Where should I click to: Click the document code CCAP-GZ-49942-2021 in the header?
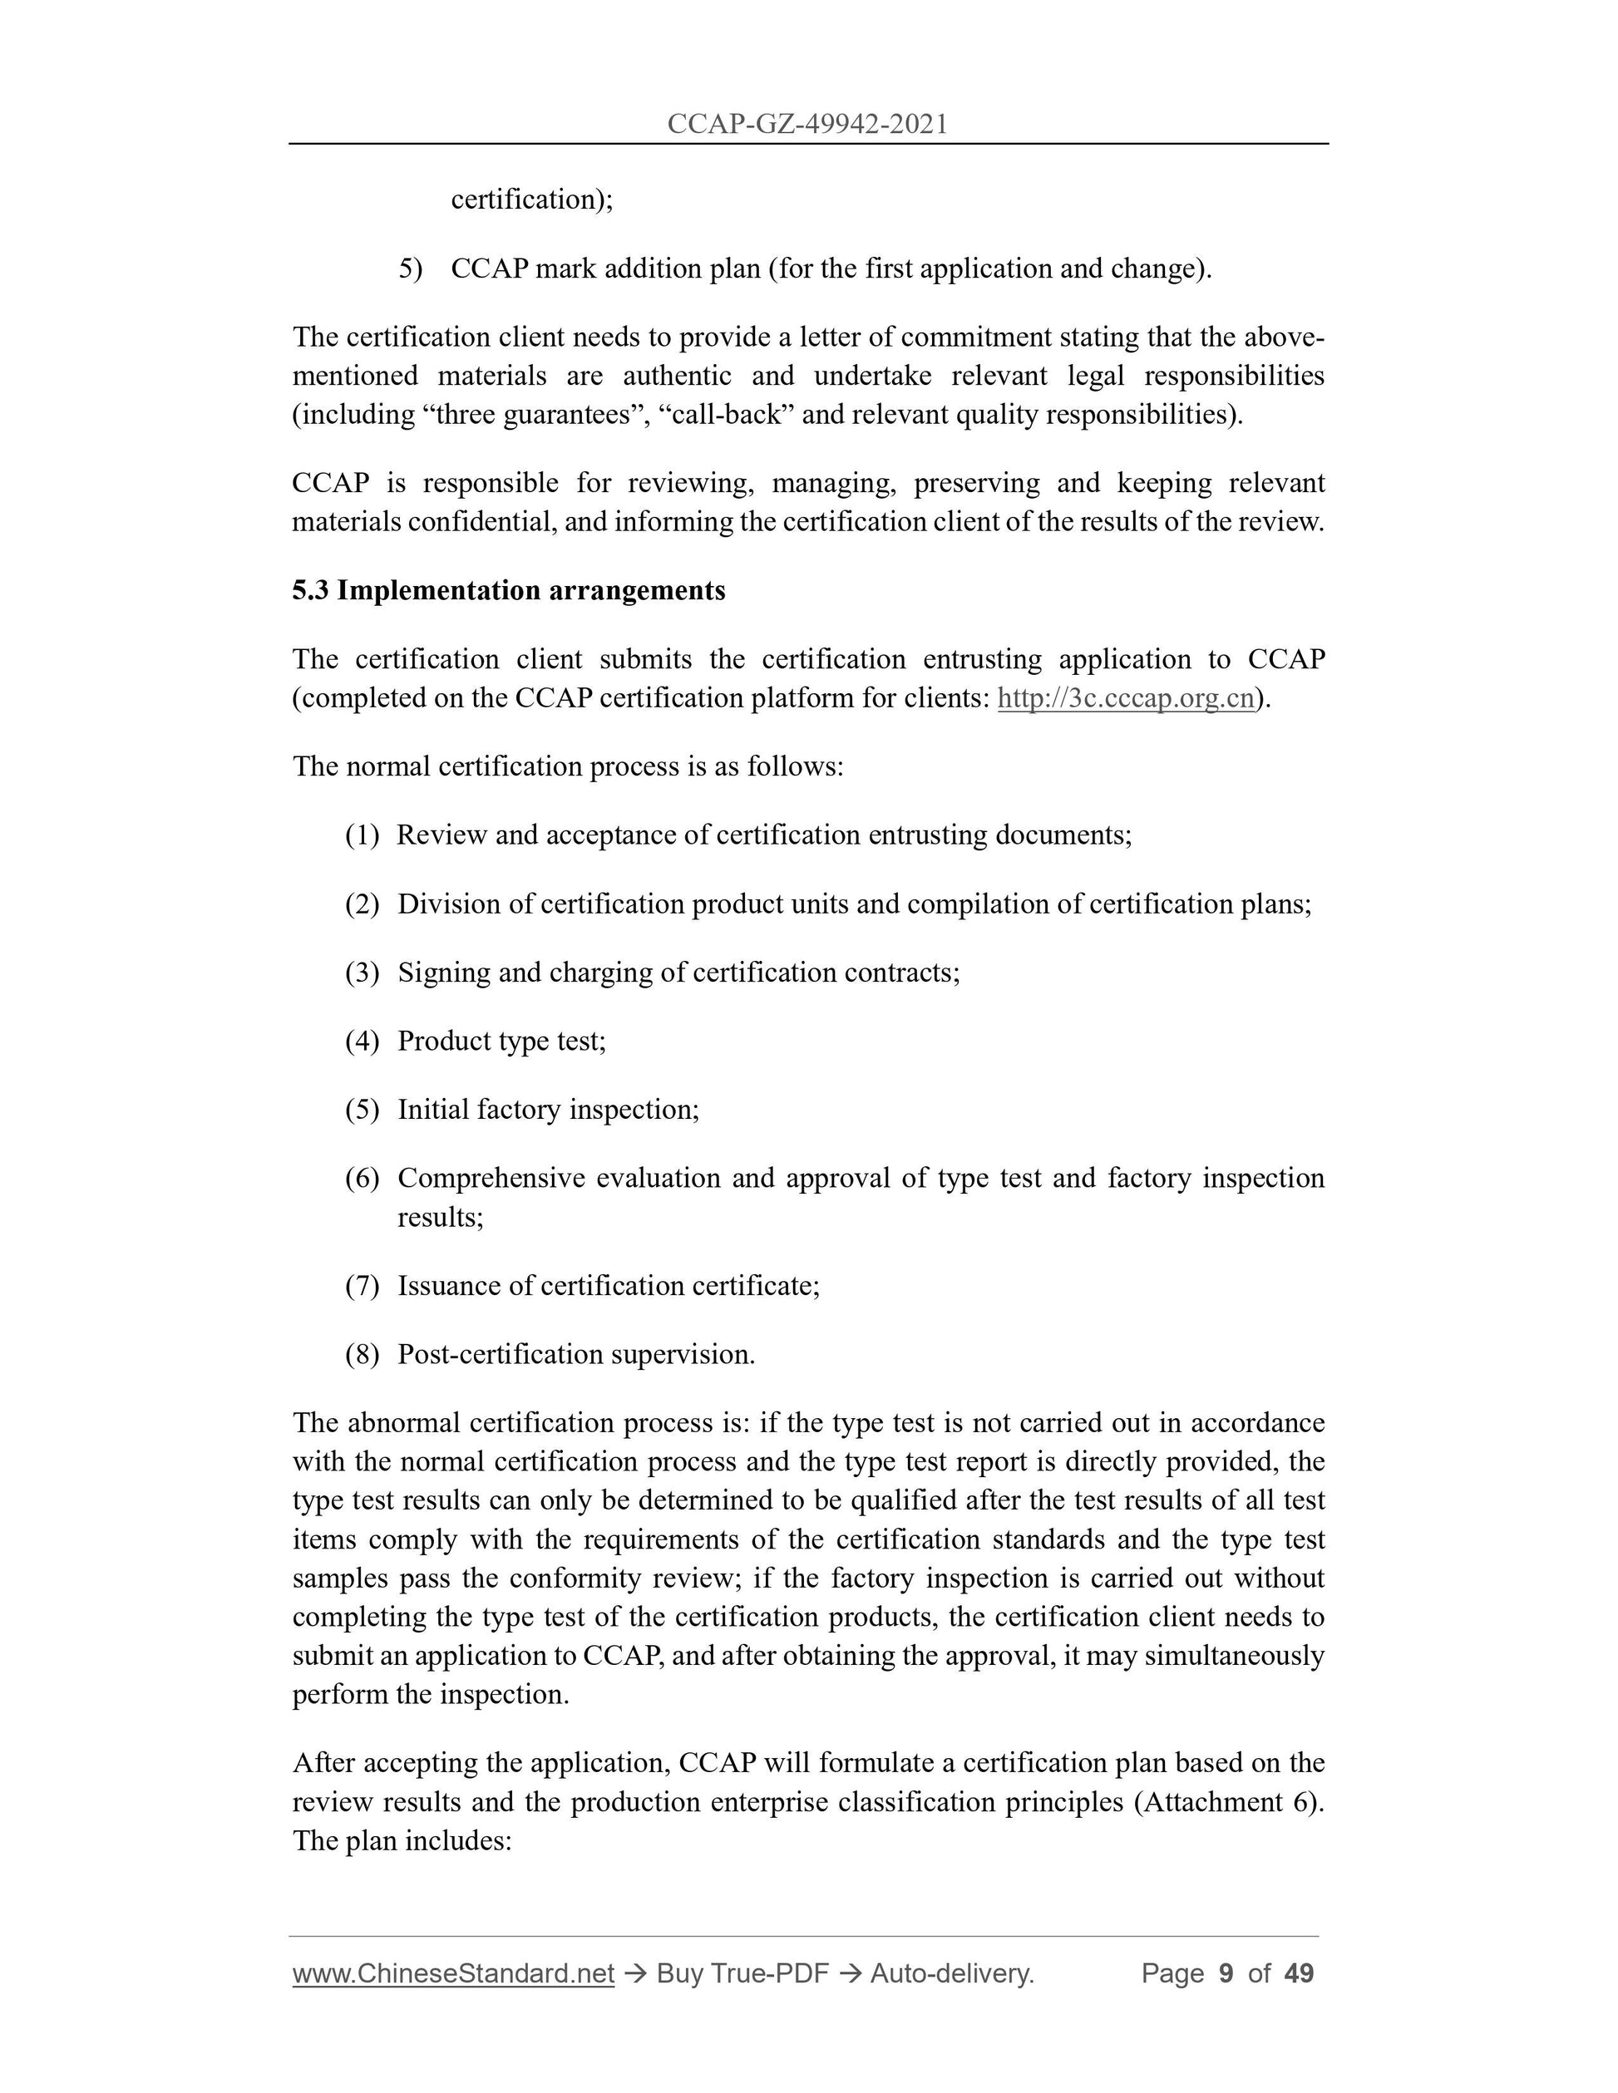tap(807, 124)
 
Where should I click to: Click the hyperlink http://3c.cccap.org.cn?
tap(1125, 697)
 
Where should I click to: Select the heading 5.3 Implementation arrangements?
tap(508, 590)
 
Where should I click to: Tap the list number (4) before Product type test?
tap(363, 1041)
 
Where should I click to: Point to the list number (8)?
tap(363, 1354)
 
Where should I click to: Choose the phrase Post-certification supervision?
tap(576, 1354)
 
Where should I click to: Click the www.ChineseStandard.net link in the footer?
tap(452, 1973)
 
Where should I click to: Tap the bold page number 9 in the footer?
tap(1225, 1973)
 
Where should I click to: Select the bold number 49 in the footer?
tap(1299, 1973)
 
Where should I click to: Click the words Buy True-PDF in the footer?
tap(742, 1973)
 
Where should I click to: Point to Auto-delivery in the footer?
tap(951, 1973)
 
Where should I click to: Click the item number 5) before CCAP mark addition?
tap(410, 268)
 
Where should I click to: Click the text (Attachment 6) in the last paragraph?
tap(1228, 1802)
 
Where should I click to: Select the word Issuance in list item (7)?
tap(451, 1285)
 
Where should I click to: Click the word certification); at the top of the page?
tap(532, 199)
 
